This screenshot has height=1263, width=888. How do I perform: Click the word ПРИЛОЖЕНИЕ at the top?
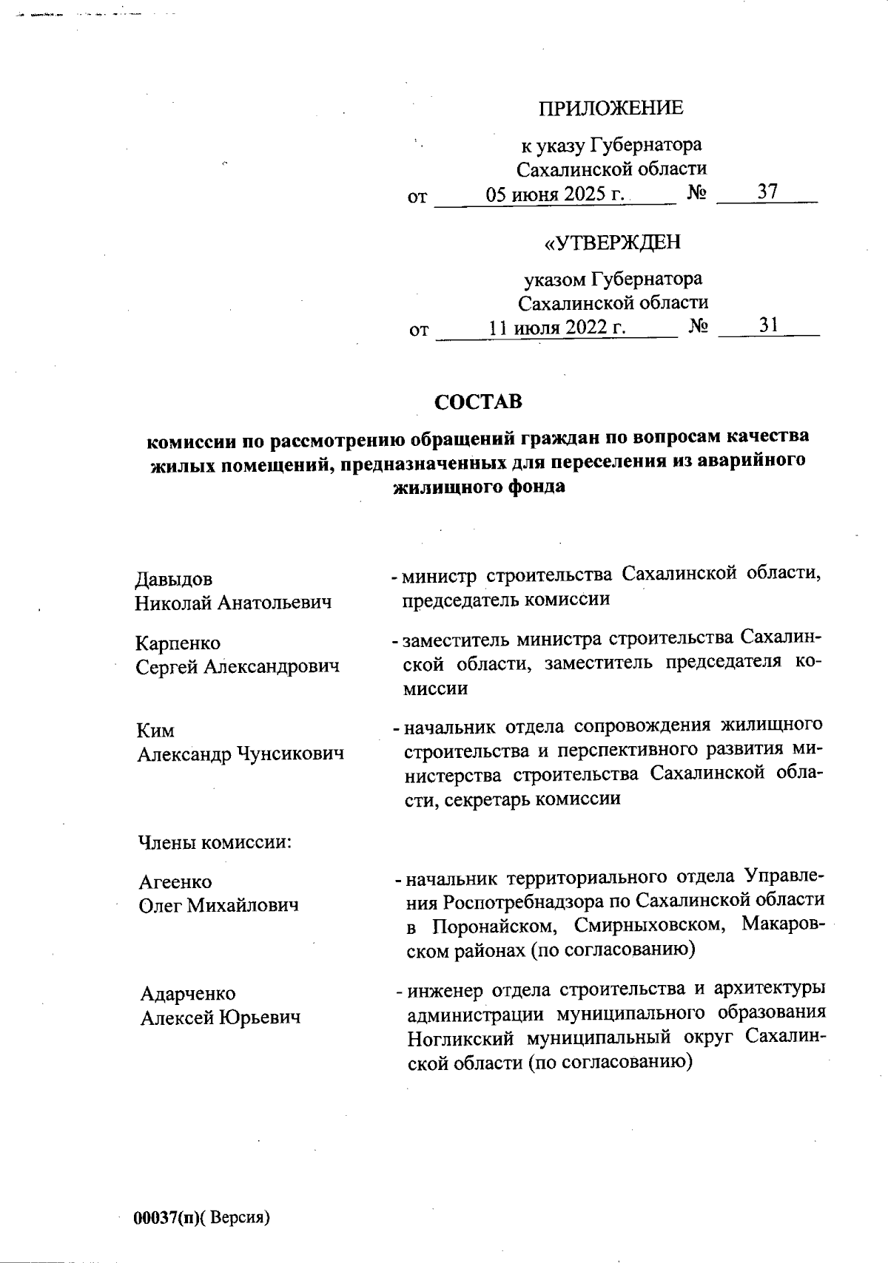tap(610, 108)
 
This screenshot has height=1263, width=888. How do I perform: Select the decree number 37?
tap(767, 192)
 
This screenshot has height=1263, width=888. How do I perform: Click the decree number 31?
tap(767, 325)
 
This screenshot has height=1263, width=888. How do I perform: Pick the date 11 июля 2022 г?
tap(556, 327)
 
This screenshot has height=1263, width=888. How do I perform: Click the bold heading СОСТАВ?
tap(478, 402)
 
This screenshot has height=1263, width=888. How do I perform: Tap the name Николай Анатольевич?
tap(233, 603)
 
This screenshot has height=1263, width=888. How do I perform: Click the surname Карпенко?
tap(178, 643)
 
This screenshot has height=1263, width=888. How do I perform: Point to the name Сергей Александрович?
tap(238, 667)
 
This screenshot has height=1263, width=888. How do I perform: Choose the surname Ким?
tap(155, 731)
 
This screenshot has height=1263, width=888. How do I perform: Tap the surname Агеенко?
tap(175, 882)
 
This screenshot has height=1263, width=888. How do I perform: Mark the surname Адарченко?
tap(188, 994)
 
